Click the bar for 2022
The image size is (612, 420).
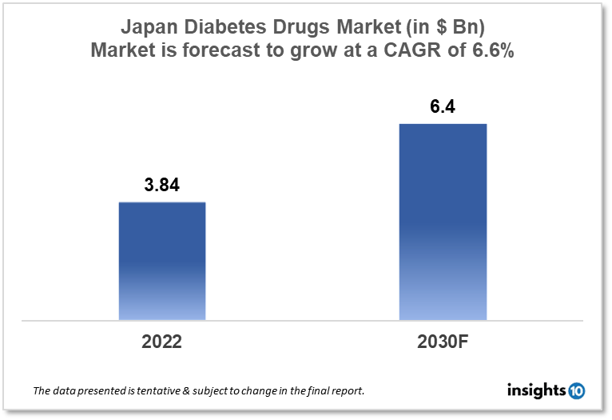tap(162, 261)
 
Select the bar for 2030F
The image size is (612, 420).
tap(443, 222)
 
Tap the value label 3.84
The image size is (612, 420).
tap(162, 186)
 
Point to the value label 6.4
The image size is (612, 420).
tap(443, 106)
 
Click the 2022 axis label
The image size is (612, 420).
tap(162, 342)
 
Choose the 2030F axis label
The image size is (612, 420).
tap(443, 342)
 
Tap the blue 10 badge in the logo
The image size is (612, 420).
tap(577, 390)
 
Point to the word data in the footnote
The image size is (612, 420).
tap(65, 391)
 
